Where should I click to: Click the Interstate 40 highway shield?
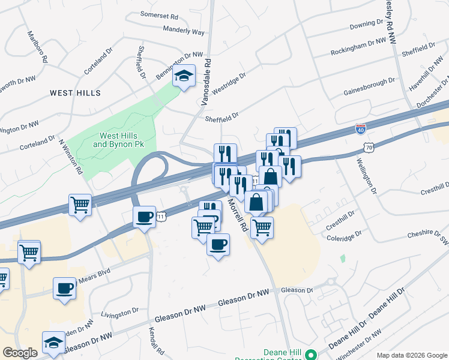360,128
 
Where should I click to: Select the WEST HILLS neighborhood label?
75,93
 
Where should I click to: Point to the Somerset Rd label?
160,14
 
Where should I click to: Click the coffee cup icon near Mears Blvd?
64,288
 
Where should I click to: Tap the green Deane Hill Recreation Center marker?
311,355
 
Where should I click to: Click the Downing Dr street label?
366,25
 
